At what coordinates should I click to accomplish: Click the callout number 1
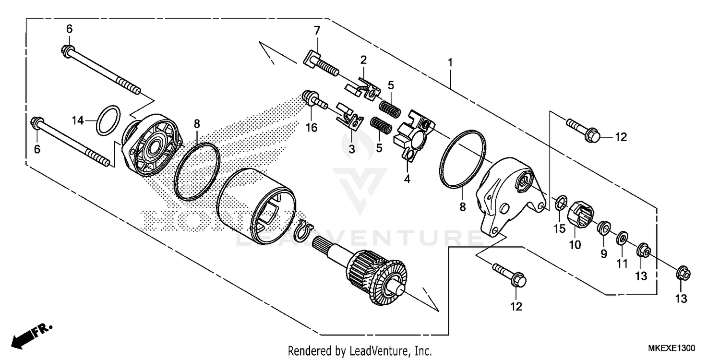point(450,62)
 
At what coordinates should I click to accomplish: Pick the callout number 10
point(575,245)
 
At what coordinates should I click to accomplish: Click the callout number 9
point(603,253)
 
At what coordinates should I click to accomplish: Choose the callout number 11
point(622,263)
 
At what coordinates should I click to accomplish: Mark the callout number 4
point(407,179)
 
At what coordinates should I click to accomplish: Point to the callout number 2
point(363,60)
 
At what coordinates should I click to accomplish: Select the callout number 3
point(351,149)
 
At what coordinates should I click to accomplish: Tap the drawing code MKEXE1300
point(672,348)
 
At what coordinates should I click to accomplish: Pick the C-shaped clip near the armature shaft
point(302,229)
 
